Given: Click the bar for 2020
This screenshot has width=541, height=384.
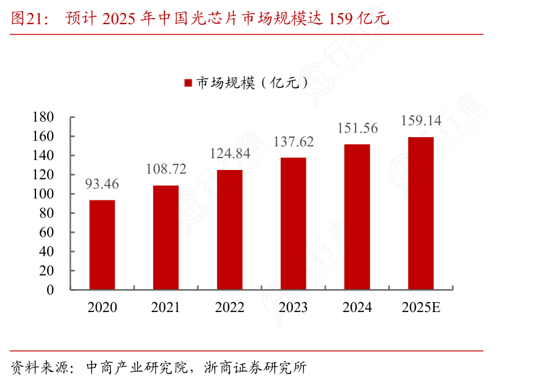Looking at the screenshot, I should pyautogui.click(x=102, y=244).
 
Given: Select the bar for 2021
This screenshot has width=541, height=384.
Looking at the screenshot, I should pyautogui.click(x=166, y=237).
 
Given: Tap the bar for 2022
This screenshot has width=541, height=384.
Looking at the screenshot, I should pyautogui.click(x=230, y=230).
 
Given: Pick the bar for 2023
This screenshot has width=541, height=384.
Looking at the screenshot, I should pyautogui.click(x=293, y=223).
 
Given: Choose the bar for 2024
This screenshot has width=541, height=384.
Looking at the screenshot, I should pyautogui.click(x=357, y=217).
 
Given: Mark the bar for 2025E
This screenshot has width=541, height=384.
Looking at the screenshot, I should pyautogui.click(x=421, y=213).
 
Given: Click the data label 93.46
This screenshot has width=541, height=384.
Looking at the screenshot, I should pyautogui.click(x=102, y=184).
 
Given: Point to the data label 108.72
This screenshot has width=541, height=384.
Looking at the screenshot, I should pyautogui.click(x=166, y=169).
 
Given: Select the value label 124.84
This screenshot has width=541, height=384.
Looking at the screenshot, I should pyautogui.click(x=230, y=153).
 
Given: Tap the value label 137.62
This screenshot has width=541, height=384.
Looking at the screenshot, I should pyautogui.click(x=293, y=141).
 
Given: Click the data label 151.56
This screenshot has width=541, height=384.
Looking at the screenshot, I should pyautogui.click(x=357, y=128).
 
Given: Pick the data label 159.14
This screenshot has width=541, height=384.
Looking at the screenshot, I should pyautogui.click(x=421, y=120).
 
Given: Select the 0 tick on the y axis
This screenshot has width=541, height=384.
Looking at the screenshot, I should pyautogui.click(x=50, y=290).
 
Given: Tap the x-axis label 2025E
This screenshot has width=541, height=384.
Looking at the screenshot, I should pyautogui.click(x=421, y=308).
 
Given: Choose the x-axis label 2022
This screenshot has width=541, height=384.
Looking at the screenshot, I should pyautogui.click(x=230, y=308).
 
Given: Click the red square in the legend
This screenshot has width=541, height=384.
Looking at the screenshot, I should pyautogui.click(x=188, y=83).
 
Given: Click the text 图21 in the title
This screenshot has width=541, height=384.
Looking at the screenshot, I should pyautogui.click(x=25, y=19).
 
